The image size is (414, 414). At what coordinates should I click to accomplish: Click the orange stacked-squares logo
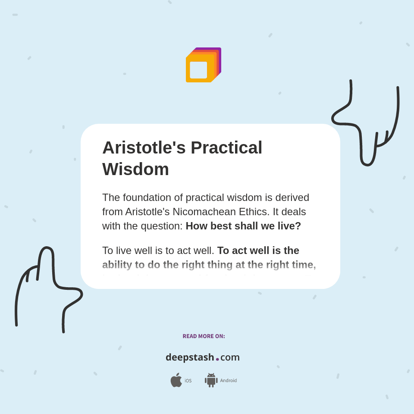[x=203, y=65]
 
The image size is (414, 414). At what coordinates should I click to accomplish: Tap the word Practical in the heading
[x=226, y=147]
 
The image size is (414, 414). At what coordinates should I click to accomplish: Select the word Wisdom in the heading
[x=135, y=169]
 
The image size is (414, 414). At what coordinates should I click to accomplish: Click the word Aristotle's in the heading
[x=144, y=147]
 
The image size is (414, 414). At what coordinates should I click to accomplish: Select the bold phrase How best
[x=208, y=226]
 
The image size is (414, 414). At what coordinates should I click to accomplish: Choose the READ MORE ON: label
[x=204, y=336]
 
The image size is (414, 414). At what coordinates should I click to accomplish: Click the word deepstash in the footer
[x=190, y=358]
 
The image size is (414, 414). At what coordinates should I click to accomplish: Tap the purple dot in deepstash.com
[x=217, y=359]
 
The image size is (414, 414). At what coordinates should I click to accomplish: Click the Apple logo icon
[x=176, y=380]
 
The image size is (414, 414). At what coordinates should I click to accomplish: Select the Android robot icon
[x=211, y=380]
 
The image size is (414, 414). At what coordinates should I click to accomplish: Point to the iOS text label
[x=188, y=381]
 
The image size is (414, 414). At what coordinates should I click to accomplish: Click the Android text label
[x=229, y=381]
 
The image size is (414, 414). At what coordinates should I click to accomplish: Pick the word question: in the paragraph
[x=162, y=226]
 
